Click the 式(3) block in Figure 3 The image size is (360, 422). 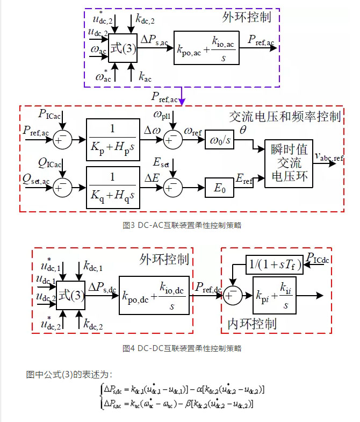pos(122,49)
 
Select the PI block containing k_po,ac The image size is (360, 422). pos(206,49)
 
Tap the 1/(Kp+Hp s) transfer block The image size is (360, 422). pos(113,139)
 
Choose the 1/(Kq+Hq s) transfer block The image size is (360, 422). pos(113,187)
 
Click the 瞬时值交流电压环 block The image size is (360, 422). pos(289,163)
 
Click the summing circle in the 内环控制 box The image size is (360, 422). pos(232,295)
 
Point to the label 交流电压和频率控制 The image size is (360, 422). pos(285,116)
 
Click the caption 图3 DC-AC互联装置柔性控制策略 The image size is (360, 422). pos(182,225)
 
